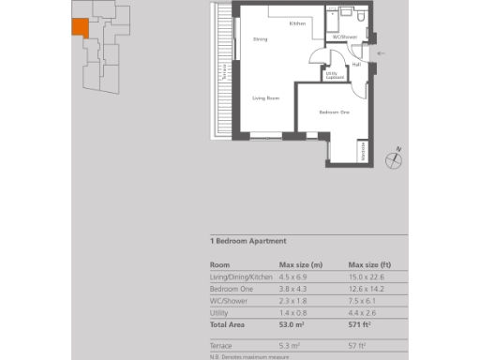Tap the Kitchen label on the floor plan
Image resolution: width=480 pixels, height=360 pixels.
[297, 23]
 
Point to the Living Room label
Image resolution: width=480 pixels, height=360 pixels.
[266, 97]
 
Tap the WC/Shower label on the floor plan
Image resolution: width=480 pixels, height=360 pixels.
[346, 37]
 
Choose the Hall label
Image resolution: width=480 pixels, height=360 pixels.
[356, 64]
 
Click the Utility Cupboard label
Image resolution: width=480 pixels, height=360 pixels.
[332, 75]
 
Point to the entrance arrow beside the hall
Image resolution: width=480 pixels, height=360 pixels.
[379, 54]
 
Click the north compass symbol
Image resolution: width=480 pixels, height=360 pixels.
[397, 157]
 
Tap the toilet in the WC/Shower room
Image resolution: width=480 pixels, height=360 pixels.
[347, 14]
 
